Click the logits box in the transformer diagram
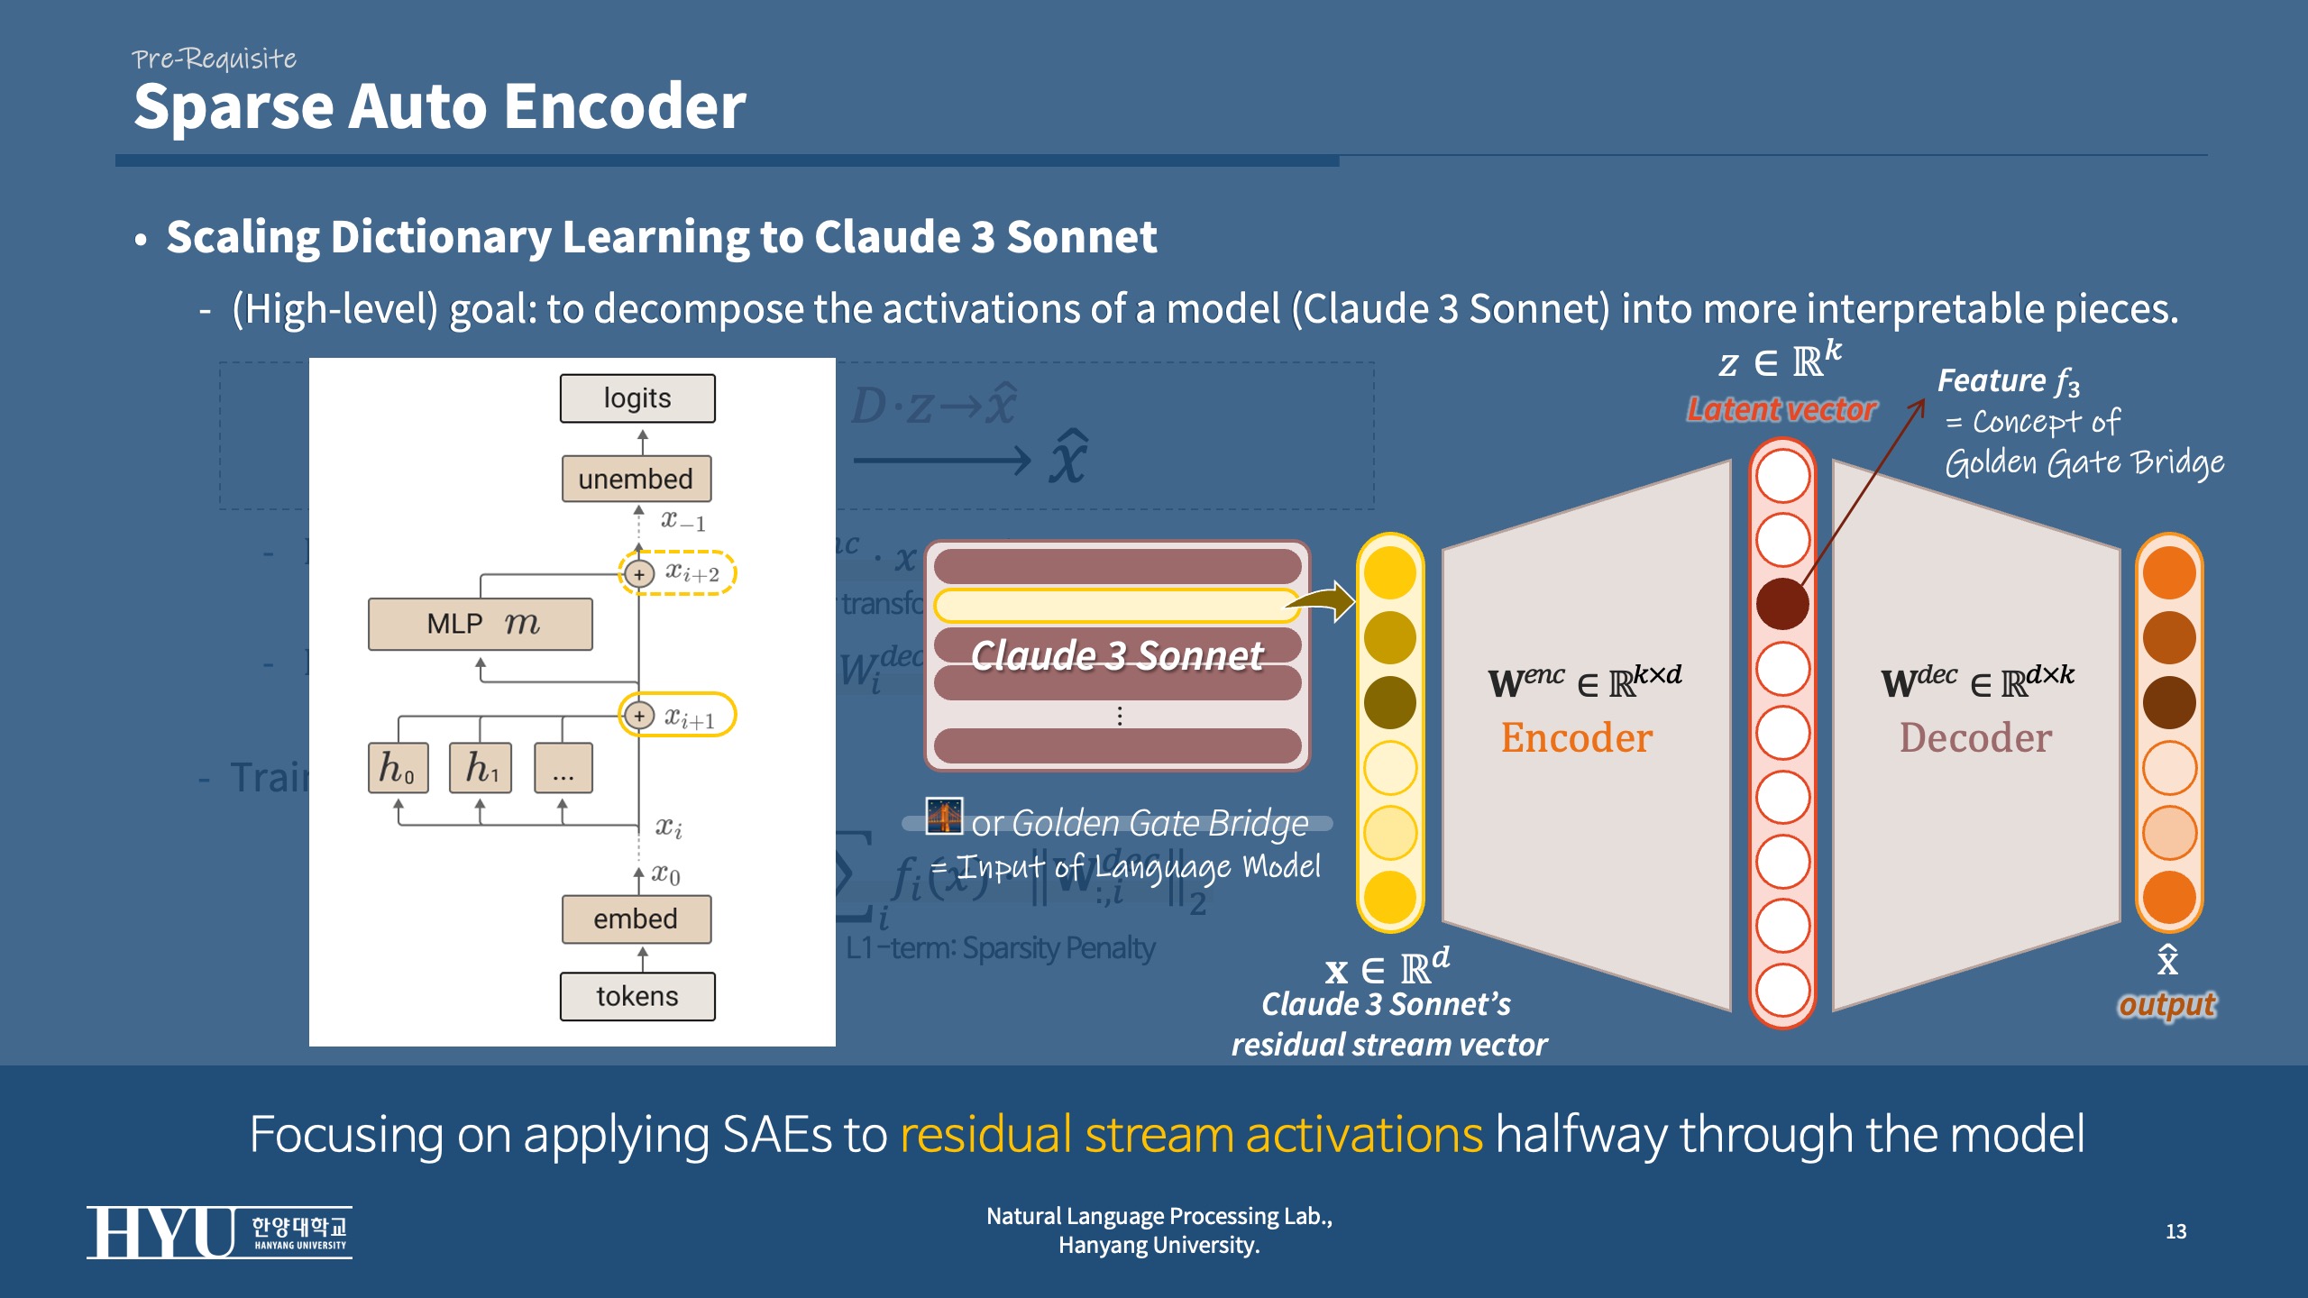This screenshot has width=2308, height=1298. click(x=637, y=398)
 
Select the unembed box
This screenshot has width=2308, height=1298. click(x=637, y=479)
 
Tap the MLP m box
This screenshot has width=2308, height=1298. click(x=481, y=624)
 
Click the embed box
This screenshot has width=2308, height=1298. click(x=637, y=919)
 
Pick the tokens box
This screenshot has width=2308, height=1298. click(x=637, y=996)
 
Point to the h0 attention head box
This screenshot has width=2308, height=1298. click(x=398, y=768)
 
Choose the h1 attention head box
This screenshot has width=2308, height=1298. click(x=481, y=768)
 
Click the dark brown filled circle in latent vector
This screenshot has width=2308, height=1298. click(x=1782, y=604)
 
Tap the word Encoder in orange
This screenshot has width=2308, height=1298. click(x=1577, y=737)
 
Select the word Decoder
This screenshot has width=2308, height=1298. click(x=1975, y=737)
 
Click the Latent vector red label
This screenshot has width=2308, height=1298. click(x=1781, y=410)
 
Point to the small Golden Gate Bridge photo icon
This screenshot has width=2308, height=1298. click(x=944, y=816)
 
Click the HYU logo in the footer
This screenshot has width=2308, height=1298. click(x=219, y=1231)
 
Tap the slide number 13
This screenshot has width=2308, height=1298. click(x=2175, y=1231)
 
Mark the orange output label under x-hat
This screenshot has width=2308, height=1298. click(x=2166, y=1004)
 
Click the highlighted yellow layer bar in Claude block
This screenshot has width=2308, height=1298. click(x=1116, y=606)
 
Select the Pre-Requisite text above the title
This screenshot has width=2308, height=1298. click(x=214, y=59)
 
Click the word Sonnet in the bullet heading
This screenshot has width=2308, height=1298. click(x=1081, y=237)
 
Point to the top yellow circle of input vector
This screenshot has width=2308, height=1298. click(x=1390, y=573)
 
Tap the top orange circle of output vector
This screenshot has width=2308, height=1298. click(x=2169, y=573)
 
